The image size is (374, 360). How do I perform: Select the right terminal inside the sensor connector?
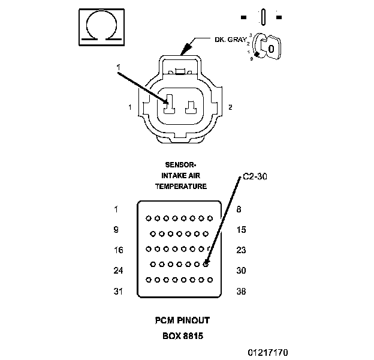tap(192, 107)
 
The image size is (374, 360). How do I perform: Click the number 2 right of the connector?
tap(230, 107)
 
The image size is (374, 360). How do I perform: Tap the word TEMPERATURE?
tap(181, 187)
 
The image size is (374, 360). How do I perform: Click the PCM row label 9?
tap(116, 230)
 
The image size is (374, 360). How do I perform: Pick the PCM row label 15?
tap(241, 230)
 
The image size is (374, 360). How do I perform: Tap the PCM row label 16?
tap(118, 250)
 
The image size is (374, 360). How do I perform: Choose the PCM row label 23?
tap(241, 250)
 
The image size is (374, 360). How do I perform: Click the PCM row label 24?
tap(118, 271)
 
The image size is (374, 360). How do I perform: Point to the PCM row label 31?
tap(118, 292)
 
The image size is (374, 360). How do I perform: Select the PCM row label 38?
tap(241, 292)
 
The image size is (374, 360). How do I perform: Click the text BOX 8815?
tap(182, 335)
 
